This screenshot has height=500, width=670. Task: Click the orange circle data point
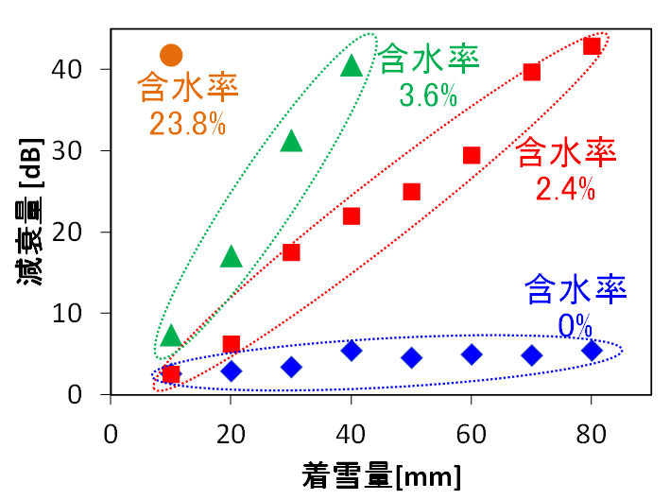click(x=171, y=56)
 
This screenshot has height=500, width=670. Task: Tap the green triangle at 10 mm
click(x=171, y=336)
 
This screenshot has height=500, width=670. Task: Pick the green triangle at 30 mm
click(x=291, y=142)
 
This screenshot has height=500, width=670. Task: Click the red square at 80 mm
click(x=592, y=46)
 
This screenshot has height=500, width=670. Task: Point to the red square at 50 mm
click(x=412, y=192)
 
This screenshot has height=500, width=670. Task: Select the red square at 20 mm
click(x=232, y=344)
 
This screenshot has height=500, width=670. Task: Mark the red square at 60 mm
click(x=472, y=155)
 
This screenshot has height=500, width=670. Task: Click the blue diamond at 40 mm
click(x=352, y=351)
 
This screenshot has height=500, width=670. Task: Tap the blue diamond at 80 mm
click(x=592, y=351)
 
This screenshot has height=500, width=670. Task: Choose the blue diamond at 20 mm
click(x=232, y=371)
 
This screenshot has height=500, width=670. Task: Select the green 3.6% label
click(x=428, y=96)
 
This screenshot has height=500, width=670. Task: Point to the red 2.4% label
click(x=565, y=189)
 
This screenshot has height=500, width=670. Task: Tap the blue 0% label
click(x=575, y=326)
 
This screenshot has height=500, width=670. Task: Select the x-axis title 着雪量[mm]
click(x=382, y=475)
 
